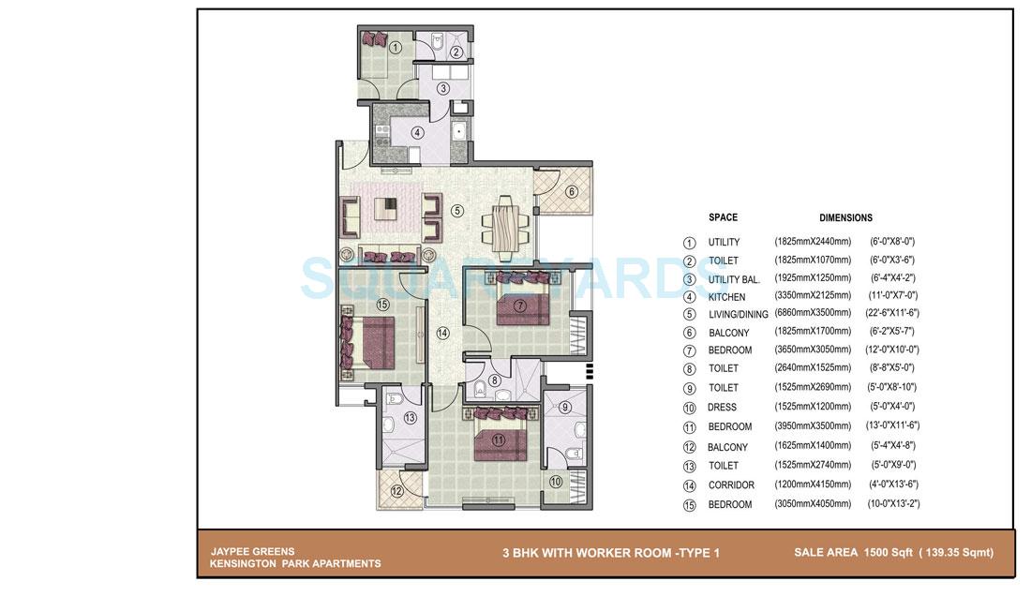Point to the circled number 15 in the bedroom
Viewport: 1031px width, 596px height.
point(381,304)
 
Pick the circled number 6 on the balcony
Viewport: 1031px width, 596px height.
point(572,192)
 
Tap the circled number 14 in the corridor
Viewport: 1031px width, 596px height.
point(443,332)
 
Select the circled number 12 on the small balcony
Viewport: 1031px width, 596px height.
point(397,490)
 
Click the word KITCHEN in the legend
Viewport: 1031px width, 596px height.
point(727,296)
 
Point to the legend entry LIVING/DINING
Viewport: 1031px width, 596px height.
point(738,315)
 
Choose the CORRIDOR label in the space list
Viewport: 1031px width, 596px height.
point(731,485)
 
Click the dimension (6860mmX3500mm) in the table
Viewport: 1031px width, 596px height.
point(813,314)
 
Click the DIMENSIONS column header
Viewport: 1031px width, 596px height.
point(845,217)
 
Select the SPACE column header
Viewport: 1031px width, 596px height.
point(723,217)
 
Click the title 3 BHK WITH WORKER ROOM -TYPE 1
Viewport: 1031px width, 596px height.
point(610,553)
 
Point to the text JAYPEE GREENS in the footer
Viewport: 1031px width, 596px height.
point(252,551)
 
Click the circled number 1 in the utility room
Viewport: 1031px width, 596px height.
point(396,47)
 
